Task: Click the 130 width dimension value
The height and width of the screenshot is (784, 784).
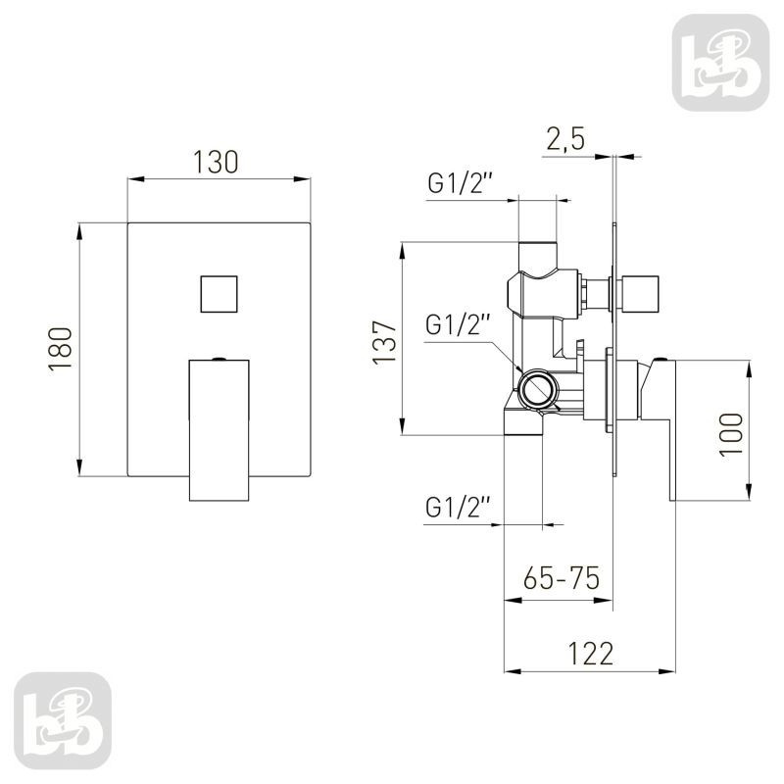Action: coord(216,162)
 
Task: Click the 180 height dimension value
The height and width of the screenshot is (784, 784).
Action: coord(61,349)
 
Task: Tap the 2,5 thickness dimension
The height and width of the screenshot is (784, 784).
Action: coord(565,138)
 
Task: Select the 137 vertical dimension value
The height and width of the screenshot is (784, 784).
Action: coord(385,343)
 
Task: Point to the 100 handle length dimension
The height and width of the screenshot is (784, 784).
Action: coord(731,434)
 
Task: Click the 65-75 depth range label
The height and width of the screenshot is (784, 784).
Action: coord(561,578)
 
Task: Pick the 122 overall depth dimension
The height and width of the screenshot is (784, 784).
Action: coord(591,654)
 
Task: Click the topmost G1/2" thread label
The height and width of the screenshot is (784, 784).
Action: coord(457,183)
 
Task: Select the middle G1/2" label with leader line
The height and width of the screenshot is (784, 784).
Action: coord(455,324)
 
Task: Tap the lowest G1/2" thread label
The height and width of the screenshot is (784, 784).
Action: coord(455,508)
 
